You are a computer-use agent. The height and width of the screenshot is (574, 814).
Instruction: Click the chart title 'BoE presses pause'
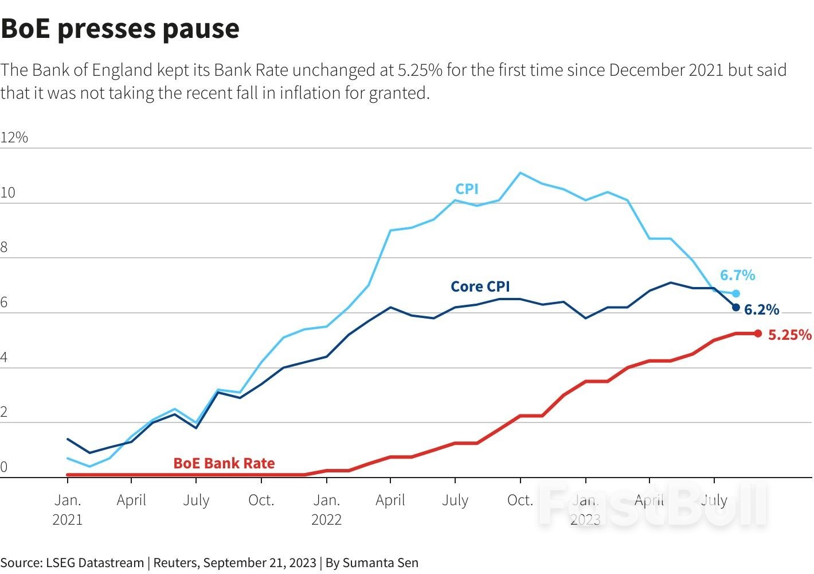120,29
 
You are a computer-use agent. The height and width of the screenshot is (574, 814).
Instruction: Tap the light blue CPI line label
467,189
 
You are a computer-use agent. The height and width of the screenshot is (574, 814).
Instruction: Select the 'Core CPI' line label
480,286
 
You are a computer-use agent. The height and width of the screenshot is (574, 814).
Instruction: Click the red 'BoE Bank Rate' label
224,463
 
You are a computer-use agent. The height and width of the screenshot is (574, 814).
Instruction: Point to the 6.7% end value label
737,276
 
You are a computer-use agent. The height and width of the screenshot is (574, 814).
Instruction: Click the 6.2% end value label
761,310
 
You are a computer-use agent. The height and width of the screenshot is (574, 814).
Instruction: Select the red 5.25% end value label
789,335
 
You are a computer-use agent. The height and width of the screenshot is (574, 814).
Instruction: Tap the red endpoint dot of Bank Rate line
758,333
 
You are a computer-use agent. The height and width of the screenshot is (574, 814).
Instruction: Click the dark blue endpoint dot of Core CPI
736,308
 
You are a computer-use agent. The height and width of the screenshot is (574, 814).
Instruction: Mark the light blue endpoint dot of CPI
736,293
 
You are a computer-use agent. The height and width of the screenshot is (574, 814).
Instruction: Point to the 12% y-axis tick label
14,137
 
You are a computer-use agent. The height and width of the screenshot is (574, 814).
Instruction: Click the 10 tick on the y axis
8,193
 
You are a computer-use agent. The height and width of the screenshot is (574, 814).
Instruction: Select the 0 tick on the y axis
4,467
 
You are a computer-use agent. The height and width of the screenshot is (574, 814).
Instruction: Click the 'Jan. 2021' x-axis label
68,510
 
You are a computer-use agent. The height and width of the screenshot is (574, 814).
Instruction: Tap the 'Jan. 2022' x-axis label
326,510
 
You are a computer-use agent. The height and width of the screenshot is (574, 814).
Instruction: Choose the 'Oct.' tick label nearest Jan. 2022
261,501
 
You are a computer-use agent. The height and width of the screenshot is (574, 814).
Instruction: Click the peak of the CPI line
520,172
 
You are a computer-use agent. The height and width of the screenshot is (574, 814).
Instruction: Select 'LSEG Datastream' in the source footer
95,563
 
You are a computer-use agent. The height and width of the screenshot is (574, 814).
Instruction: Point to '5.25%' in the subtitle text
420,71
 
